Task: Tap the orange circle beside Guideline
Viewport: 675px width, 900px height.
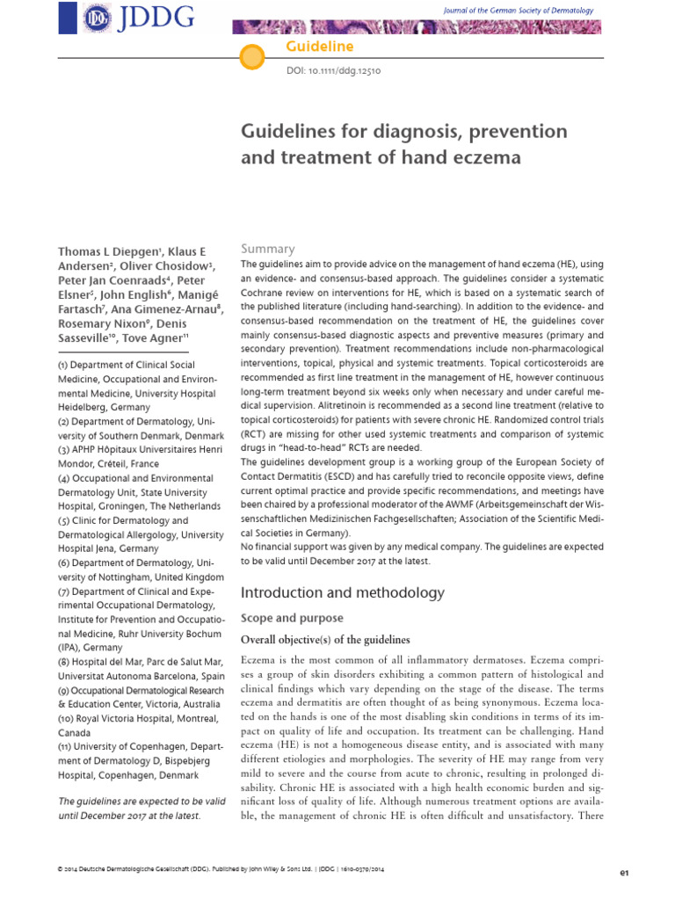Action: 252,58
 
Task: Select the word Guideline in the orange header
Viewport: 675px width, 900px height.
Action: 306,46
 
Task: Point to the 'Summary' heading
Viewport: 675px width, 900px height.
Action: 268,249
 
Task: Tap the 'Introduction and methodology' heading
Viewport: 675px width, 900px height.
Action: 343,593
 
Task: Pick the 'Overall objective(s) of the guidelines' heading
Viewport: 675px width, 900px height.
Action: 325,639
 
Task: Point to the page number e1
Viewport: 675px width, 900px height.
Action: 625,873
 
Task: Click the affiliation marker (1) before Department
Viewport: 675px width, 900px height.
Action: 62,365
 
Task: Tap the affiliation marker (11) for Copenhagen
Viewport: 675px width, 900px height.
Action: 66,746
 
